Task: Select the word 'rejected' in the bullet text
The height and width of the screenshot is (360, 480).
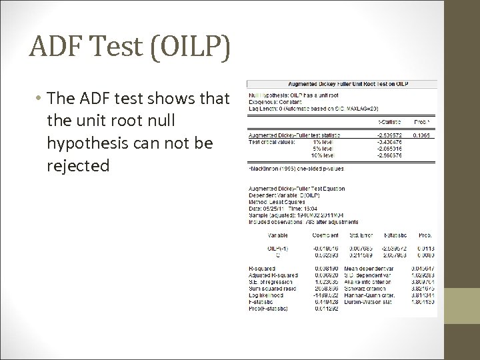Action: pos(78,165)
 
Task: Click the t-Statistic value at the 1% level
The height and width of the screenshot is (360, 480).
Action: pos(389,141)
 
